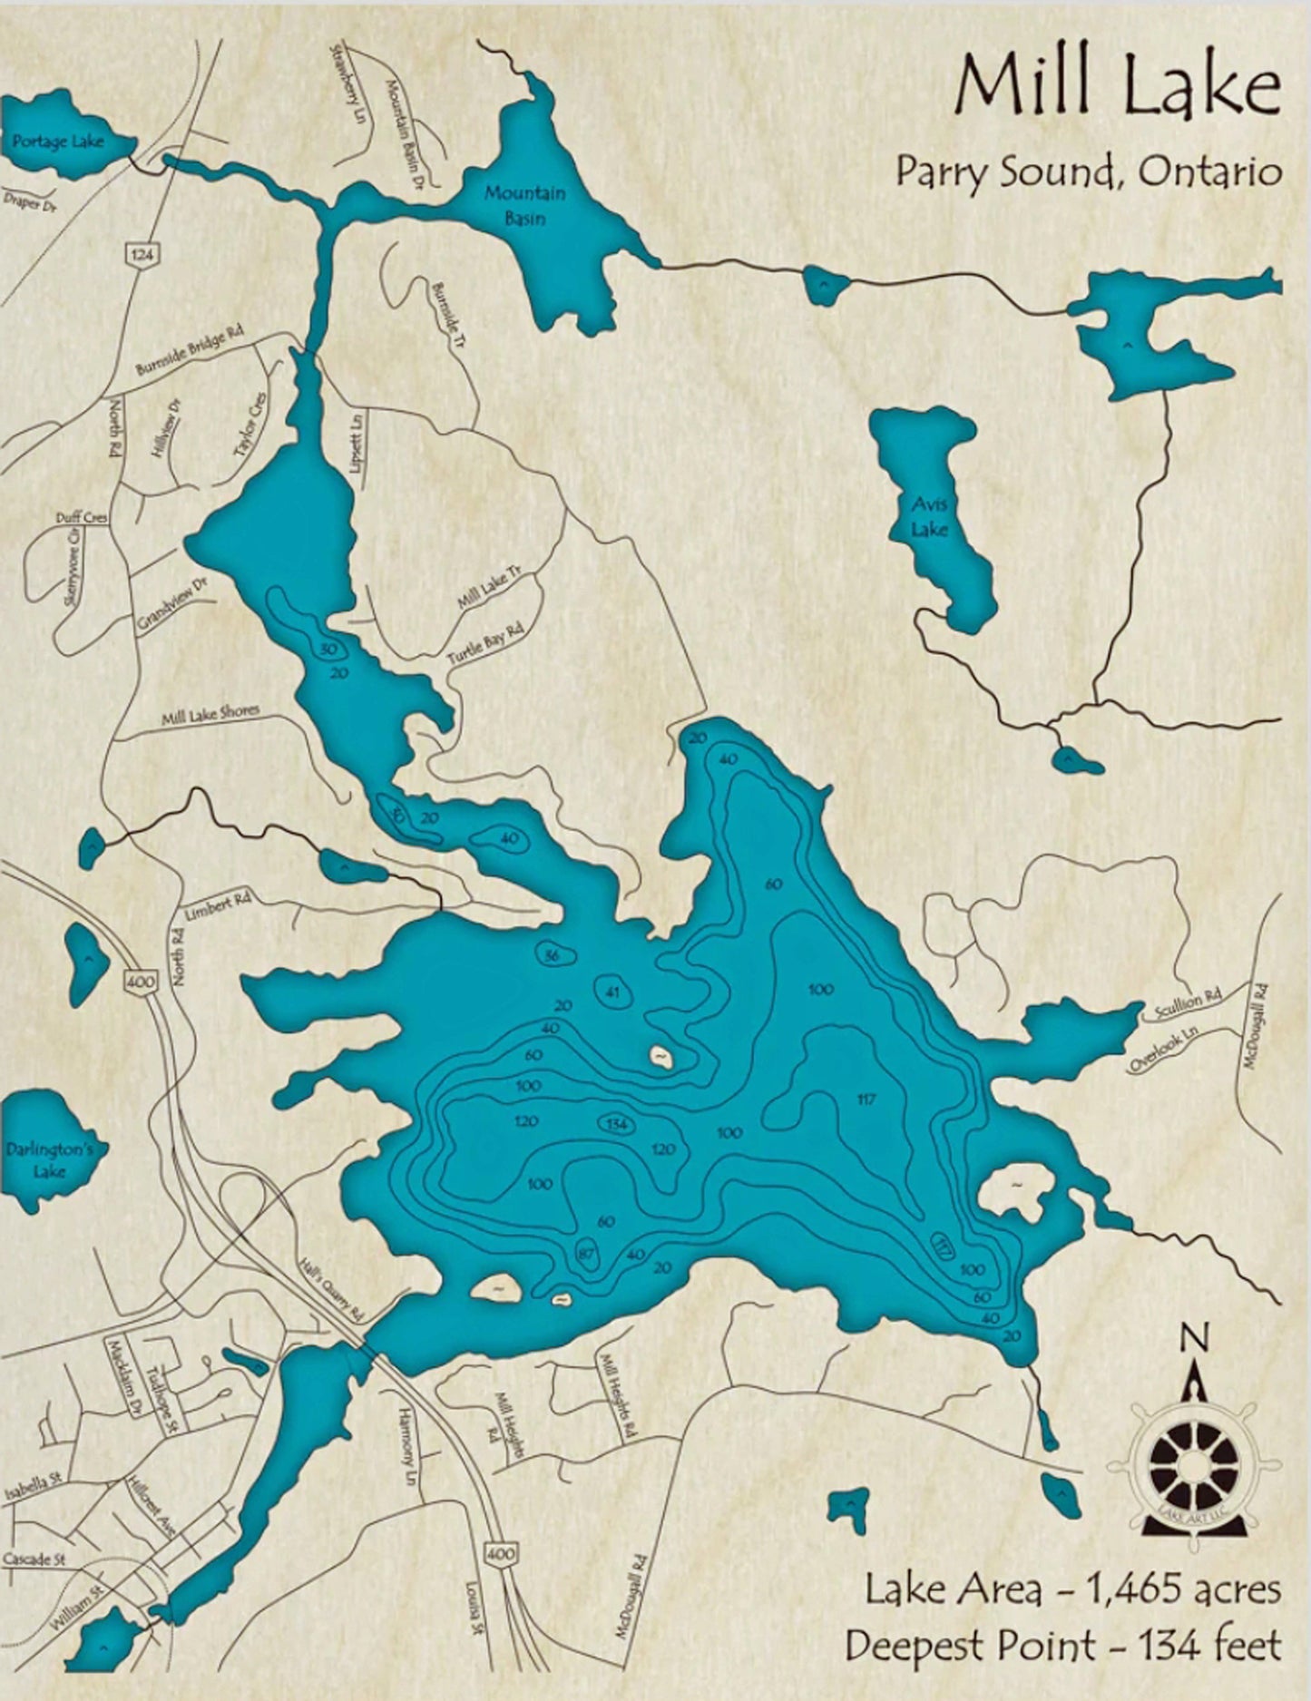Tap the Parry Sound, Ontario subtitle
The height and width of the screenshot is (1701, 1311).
pyautogui.click(x=1089, y=171)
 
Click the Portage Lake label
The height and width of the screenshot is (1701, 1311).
pyautogui.click(x=58, y=142)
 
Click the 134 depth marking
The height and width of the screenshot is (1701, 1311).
pyautogui.click(x=617, y=1125)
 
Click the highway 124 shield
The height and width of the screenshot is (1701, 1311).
pyautogui.click(x=141, y=256)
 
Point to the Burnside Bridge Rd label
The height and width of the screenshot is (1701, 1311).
pyautogui.click(x=190, y=352)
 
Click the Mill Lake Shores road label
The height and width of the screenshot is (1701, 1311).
pyautogui.click(x=210, y=716)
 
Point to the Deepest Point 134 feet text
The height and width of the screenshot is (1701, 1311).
pyautogui.click(x=1062, y=1645)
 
